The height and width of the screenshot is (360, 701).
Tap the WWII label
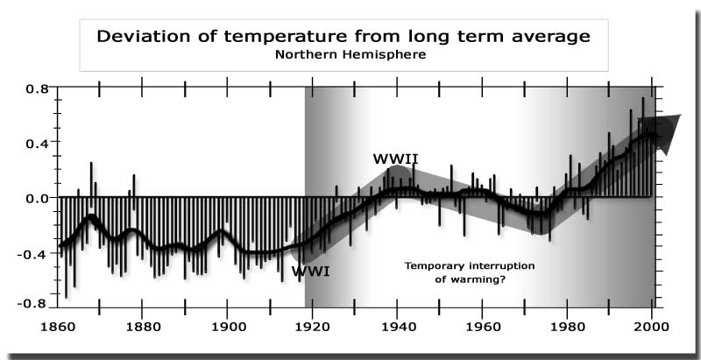point(395,159)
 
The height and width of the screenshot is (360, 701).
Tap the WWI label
point(310,272)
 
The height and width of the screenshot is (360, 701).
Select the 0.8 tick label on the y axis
point(37,89)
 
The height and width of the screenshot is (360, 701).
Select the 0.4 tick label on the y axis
point(37,142)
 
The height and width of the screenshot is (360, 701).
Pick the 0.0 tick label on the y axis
point(37,198)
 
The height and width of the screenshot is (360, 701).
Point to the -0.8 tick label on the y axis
point(34,304)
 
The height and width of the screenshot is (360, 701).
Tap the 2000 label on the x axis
point(649,333)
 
